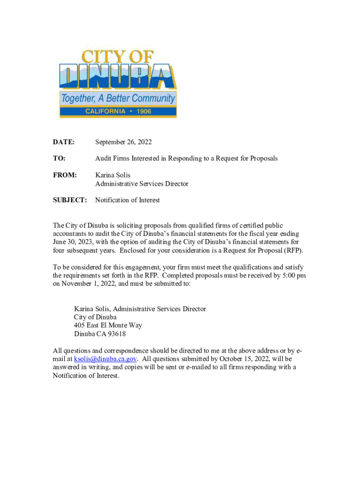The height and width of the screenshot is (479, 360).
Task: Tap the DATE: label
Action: click(63, 142)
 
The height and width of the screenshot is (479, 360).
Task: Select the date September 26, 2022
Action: click(123, 142)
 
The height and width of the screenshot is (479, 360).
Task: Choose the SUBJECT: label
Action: click(70, 200)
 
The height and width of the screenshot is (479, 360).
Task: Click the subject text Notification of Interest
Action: click(127, 200)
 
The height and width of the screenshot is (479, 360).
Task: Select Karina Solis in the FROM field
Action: click(113, 175)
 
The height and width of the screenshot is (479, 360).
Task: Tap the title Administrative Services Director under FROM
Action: click(142, 184)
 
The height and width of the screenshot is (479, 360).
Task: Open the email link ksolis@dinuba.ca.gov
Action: click(105, 359)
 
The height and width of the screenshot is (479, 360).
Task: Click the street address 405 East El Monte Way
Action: click(108, 326)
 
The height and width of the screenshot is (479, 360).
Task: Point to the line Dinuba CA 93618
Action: click(100, 334)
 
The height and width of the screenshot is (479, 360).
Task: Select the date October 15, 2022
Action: click(236, 359)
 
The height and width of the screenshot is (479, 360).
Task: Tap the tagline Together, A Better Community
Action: click(118, 99)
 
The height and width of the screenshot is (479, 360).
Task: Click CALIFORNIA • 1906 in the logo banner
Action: click(118, 111)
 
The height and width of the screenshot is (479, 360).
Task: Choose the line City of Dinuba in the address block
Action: click(95, 317)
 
